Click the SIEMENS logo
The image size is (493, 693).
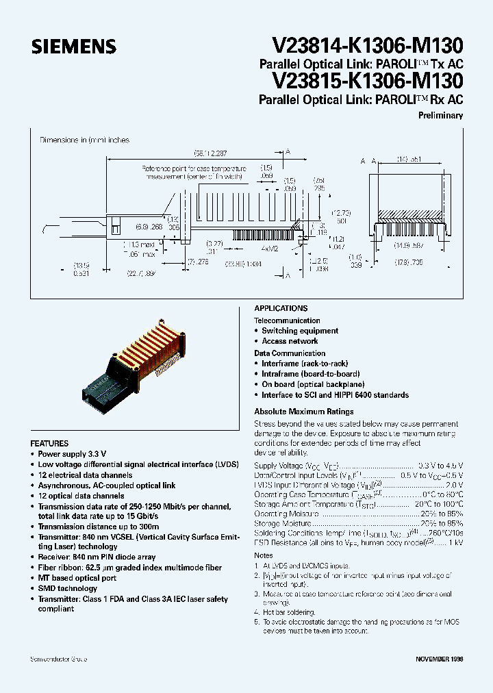tap(74, 47)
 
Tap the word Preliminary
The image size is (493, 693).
tap(440, 116)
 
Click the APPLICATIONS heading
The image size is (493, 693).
tap(281, 309)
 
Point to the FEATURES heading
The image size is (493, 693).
tap(49, 444)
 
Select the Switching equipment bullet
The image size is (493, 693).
tap(300, 331)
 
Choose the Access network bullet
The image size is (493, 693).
tap(290, 341)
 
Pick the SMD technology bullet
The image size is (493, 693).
tap(67, 589)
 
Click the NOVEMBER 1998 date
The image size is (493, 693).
tap(440, 659)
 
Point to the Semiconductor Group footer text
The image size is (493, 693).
tap(58, 659)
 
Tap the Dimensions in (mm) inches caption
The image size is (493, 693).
tap(84, 140)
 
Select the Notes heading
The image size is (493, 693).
tap(264, 555)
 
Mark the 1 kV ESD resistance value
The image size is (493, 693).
tap(455, 542)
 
